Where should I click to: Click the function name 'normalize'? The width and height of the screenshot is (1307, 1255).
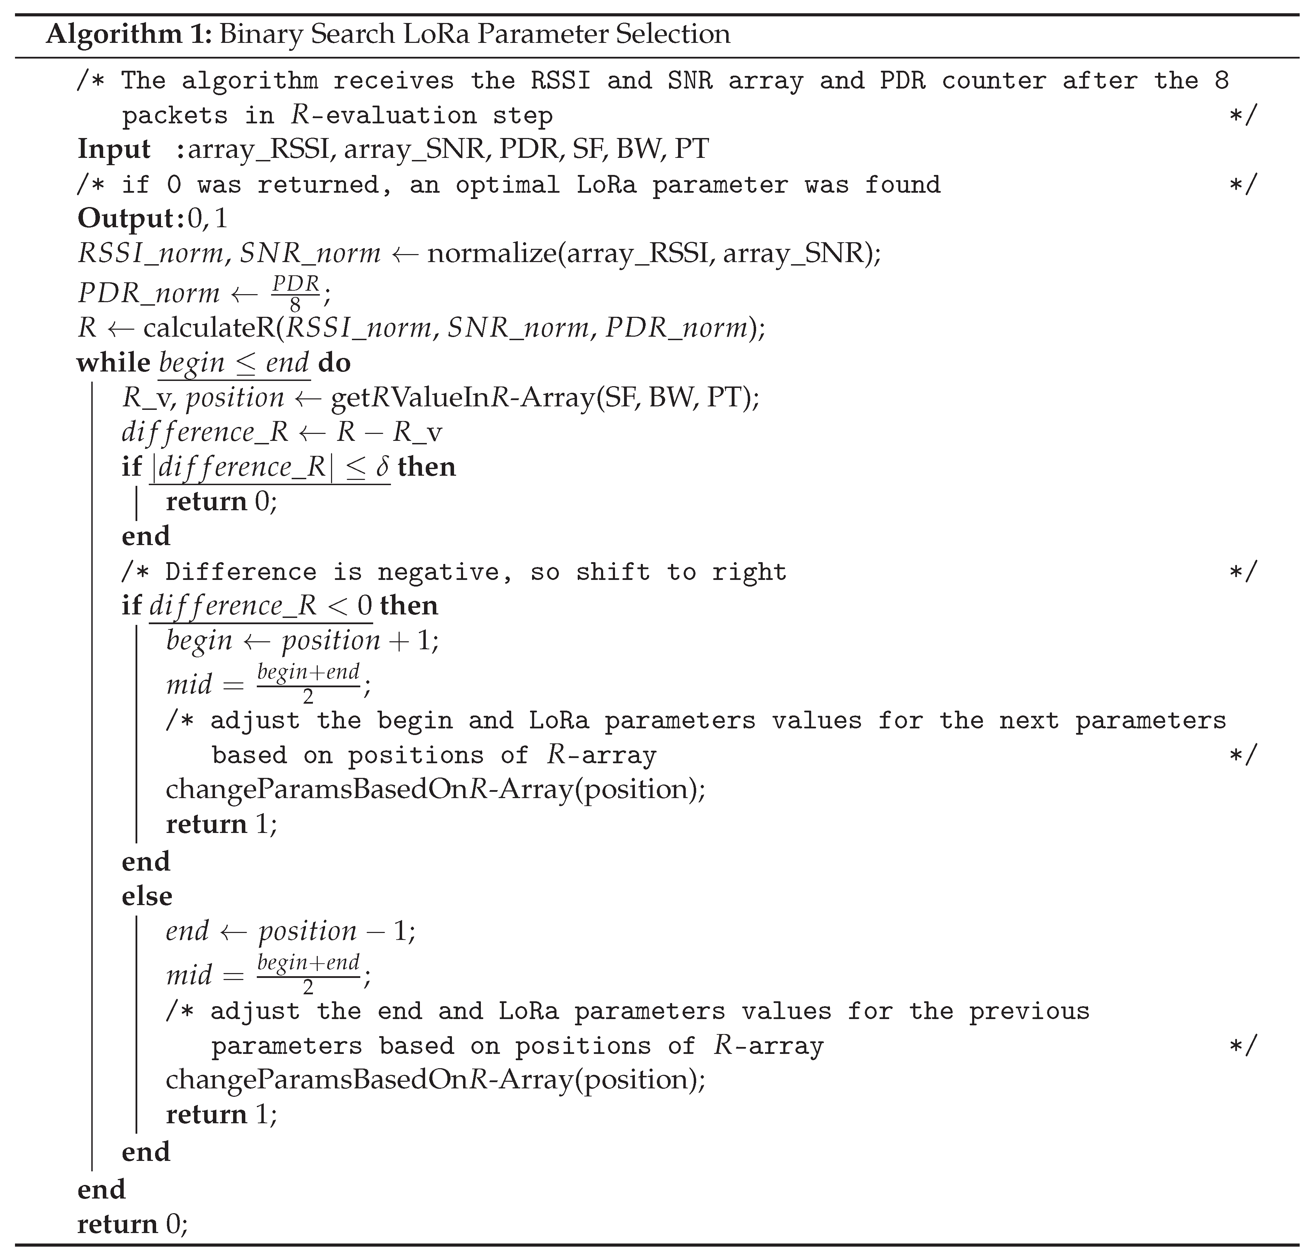click(491, 254)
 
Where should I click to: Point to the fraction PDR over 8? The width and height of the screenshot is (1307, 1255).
click(295, 292)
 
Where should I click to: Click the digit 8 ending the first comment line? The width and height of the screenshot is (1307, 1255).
click(1221, 81)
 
